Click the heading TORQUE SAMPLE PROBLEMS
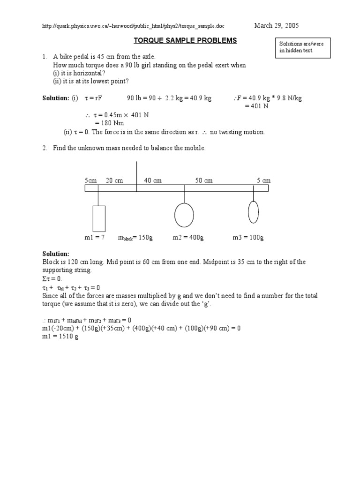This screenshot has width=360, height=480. point(185,41)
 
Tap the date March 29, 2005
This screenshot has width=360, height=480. point(276,25)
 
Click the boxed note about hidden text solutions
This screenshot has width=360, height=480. point(303,47)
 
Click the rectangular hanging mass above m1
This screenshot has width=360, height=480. point(98,218)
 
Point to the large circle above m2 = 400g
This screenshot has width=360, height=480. point(184,215)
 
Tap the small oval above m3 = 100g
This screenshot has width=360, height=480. point(253,212)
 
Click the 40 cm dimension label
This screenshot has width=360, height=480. point(153,180)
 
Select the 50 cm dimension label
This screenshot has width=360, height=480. point(204,180)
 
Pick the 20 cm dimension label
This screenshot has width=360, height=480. point(114,180)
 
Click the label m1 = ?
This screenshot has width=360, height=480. point(94,238)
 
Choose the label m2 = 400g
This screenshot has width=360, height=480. point(188,238)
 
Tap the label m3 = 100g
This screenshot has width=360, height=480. point(248,238)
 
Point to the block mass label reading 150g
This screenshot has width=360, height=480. point(135,238)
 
